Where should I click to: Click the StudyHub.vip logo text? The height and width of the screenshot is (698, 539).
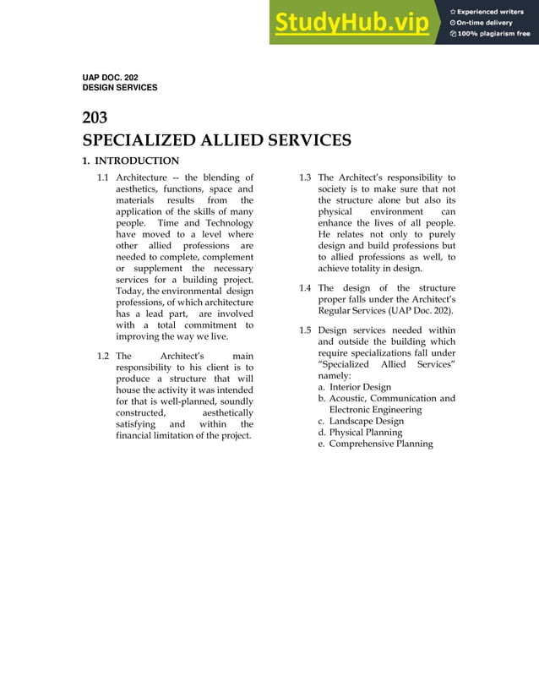pyautogui.click(x=351, y=23)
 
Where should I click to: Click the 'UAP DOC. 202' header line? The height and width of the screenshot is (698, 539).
pyautogui.click(x=110, y=78)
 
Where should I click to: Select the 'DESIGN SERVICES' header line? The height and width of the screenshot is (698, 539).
pyautogui.click(x=119, y=87)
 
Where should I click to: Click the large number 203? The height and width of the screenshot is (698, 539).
pyautogui.click(x=95, y=118)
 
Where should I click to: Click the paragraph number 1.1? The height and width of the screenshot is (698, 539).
pyautogui.click(x=103, y=177)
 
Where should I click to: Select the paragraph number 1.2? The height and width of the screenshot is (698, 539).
pyautogui.click(x=103, y=356)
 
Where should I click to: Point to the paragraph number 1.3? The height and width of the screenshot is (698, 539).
pyautogui.click(x=305, y=177)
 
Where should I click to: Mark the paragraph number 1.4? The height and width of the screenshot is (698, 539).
pyautogui.click(x=305, y=288)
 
